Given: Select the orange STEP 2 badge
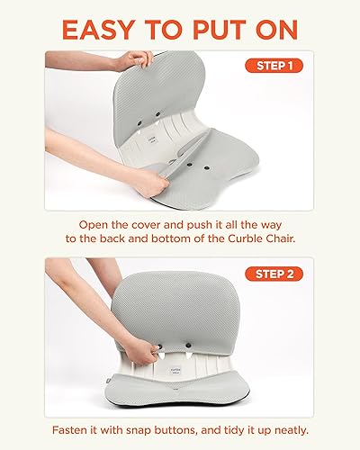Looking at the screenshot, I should click(272, 274).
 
